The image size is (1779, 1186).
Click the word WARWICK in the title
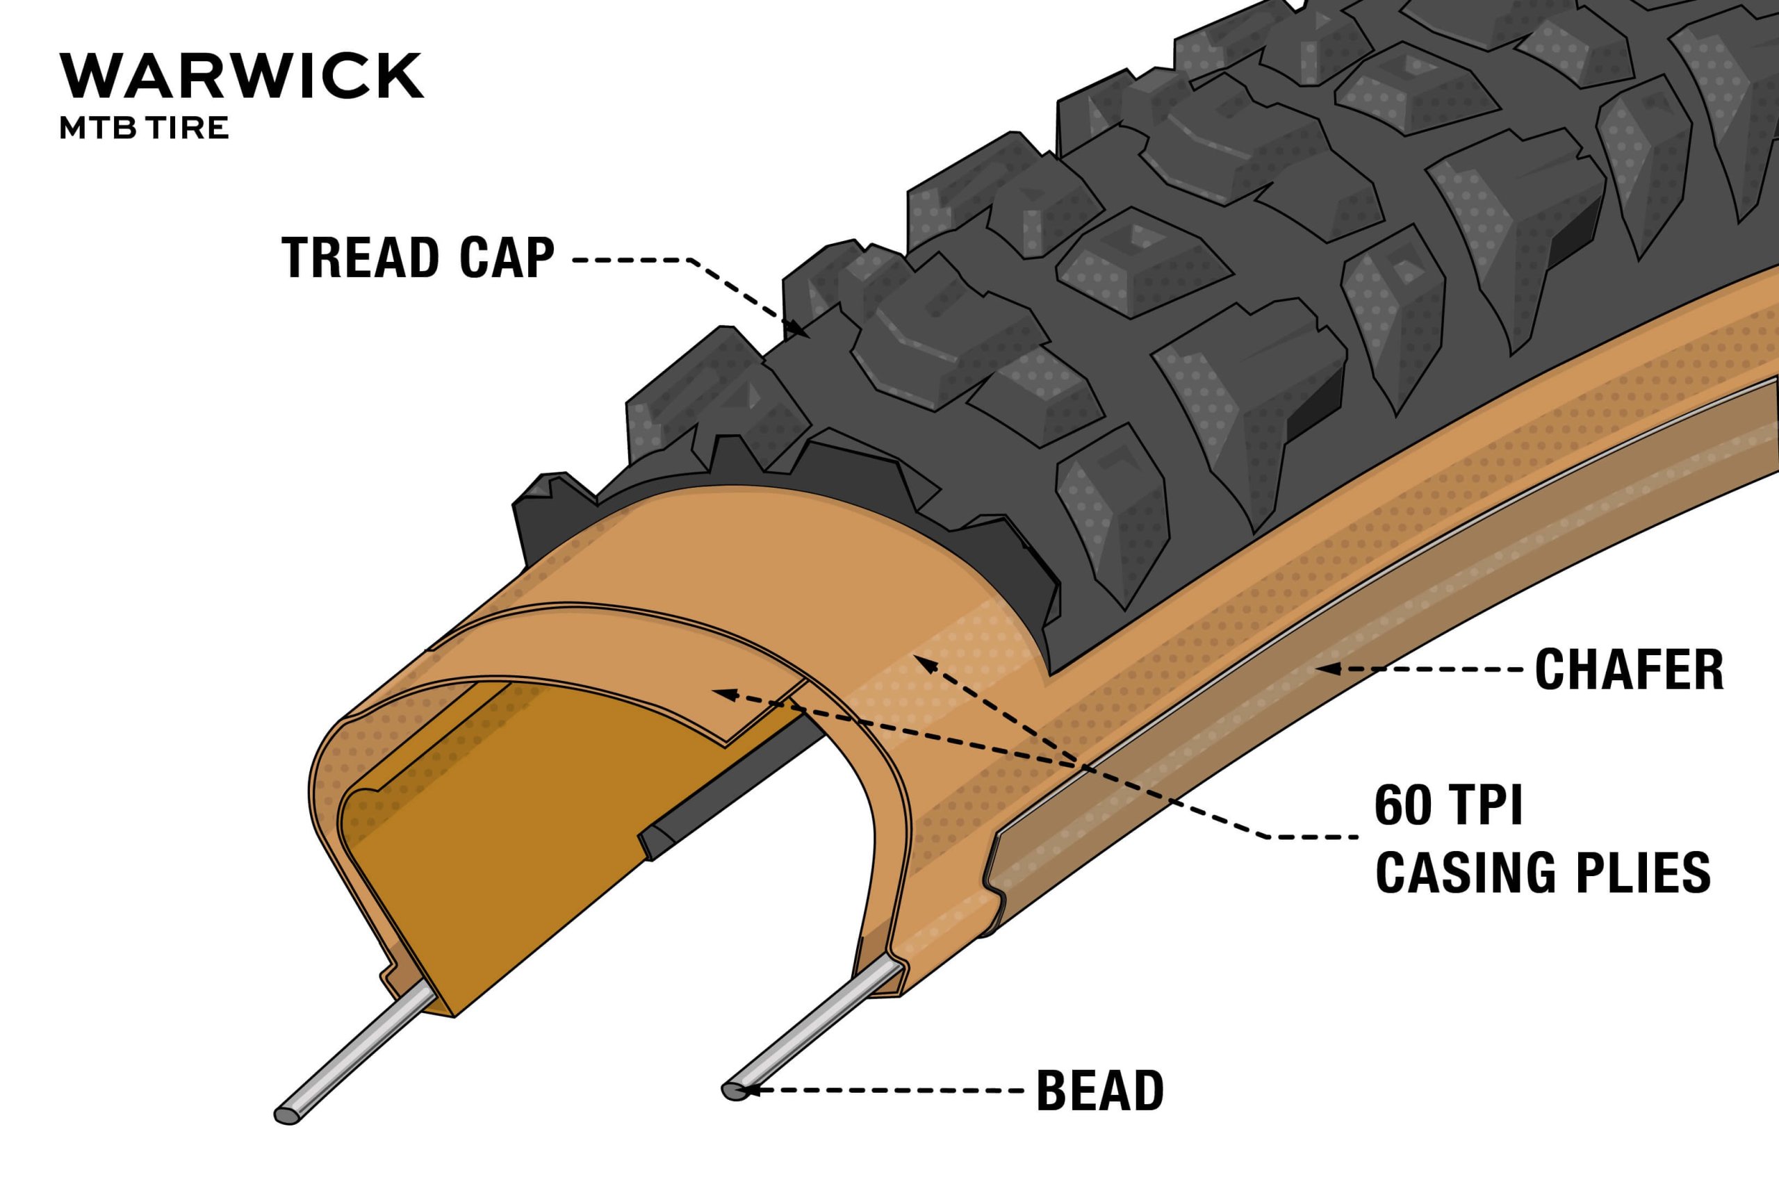click(241, 76)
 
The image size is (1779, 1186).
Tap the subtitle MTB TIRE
click(144, 129)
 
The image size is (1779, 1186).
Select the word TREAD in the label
click(356, 258)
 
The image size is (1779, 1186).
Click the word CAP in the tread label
click(506, 258)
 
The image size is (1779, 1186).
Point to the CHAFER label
click(1629, 669)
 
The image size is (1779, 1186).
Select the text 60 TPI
click(1448, 806)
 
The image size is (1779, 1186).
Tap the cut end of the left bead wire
click(286, 1116)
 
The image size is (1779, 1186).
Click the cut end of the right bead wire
click(733, 1090)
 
